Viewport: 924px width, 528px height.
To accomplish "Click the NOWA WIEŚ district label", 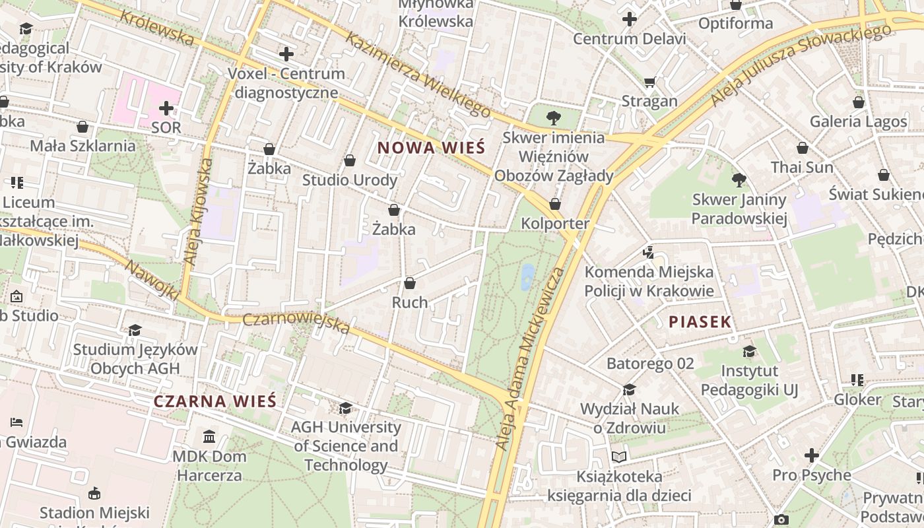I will click(x=431, y=148).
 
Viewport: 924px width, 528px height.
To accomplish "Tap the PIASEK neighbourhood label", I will click(x=700, y=322).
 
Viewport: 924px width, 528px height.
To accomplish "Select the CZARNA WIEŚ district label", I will click(x=214, y=401).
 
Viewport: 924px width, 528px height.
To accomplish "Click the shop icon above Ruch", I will click(x=410, y=283).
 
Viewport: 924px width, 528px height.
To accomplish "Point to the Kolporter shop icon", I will click(x=555, y=204).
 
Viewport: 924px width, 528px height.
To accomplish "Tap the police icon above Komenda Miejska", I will click(x=648, y=252).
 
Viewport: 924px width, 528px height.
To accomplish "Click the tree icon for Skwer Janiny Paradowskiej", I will click(x=739, y=180).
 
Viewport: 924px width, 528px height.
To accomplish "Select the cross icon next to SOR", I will click(x=166, y=108).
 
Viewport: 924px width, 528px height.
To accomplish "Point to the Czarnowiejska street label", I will click(x=296, y=323).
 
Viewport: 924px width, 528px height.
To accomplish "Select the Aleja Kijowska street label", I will click(x=198, y=211).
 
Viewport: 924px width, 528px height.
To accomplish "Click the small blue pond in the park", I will click(x=527, y=277).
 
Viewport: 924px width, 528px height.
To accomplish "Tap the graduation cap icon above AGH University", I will click(x=345, y=409).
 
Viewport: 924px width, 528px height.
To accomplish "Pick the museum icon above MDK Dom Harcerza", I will click(x=209, y=436).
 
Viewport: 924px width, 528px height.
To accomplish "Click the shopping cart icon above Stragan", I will click(x=649, y=82).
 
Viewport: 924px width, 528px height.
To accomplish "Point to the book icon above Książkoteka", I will click(x=618, y=457).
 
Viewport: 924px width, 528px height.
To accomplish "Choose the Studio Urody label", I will click(x=350, y=180).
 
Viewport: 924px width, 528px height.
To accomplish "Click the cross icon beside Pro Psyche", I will click(x=812, y=455).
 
